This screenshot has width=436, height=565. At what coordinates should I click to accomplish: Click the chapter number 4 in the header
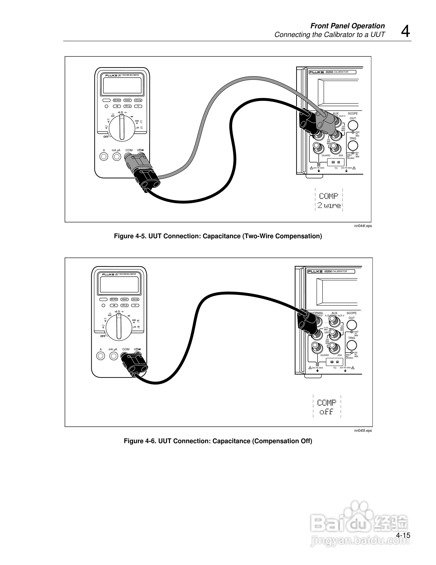[x=405, y=32]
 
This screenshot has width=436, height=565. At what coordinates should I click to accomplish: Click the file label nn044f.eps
[x=363, y=226]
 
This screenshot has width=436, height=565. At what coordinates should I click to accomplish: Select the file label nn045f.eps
[x=363, y=431]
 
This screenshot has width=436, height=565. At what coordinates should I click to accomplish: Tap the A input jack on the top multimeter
[x=104, y=157]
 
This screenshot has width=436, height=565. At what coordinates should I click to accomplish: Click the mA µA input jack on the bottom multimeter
[x=114, y=356]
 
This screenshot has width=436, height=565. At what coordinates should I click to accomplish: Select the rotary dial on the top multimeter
[x=121, y=128]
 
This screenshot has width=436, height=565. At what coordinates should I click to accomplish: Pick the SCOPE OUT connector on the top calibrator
[x=353, y=126]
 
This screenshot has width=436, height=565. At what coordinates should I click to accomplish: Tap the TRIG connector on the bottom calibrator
[x=352, y=345]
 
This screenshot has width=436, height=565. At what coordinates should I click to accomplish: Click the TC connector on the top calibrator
[x=336, y=162]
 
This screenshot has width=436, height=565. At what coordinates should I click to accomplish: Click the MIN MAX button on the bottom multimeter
[x=114, y=299]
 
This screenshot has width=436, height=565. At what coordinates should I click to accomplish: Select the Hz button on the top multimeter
[x=138, y=106]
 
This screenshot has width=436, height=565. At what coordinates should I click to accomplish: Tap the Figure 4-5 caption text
[x=218, y=236]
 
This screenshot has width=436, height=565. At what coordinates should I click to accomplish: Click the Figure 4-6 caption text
[x=218, y=441]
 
